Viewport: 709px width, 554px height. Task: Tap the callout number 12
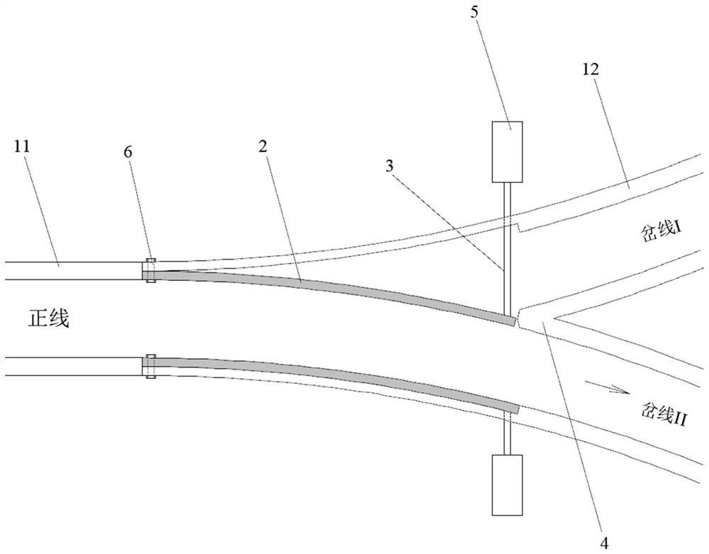(590, 70)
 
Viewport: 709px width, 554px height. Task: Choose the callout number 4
(604, 543)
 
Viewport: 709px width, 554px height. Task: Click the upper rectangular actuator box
(507, 150)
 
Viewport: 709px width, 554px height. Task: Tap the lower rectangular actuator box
(507, 484)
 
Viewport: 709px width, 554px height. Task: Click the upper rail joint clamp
(150, 271)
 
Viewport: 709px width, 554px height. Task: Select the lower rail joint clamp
(150, 366)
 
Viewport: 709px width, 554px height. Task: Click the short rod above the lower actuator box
(507, 434)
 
